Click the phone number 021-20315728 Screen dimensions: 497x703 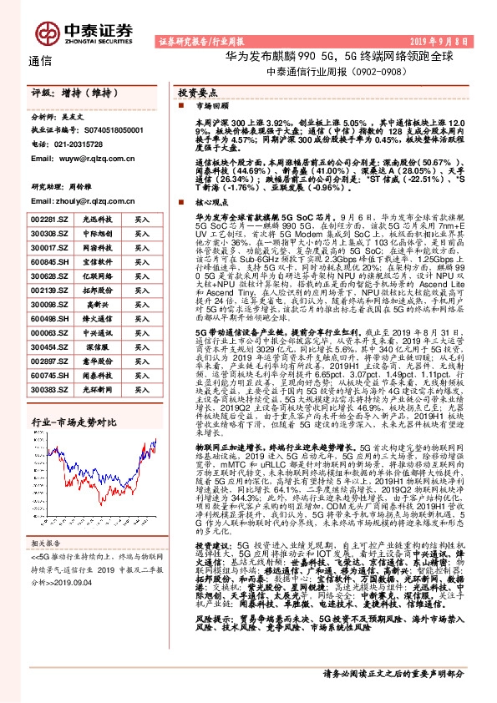pos(76,144)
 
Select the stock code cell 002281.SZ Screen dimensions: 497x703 pos(48,219)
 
